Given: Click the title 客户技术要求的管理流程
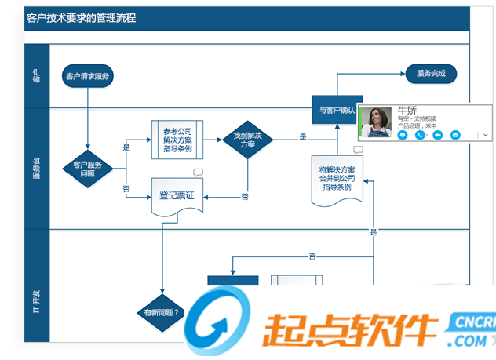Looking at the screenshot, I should click(x=81, y=17).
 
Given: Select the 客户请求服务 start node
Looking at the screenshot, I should click(x=88, y=76).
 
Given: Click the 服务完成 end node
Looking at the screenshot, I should click(x=431, y=74).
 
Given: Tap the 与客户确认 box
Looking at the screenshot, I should click(x=334, y=111).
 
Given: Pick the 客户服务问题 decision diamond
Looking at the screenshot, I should click(x=88, y=168).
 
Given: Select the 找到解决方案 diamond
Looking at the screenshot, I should click(x=247, y=140).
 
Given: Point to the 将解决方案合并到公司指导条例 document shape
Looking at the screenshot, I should click(x=336, y=178).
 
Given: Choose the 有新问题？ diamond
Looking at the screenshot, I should click(x=161, y=311).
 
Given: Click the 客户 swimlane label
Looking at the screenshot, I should click(x=36, y=75).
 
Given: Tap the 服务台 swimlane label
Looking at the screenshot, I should click(x=36, y=168).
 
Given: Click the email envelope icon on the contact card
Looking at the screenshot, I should click(x=455, y=135).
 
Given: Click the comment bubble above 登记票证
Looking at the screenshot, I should click(x=198, y=173).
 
